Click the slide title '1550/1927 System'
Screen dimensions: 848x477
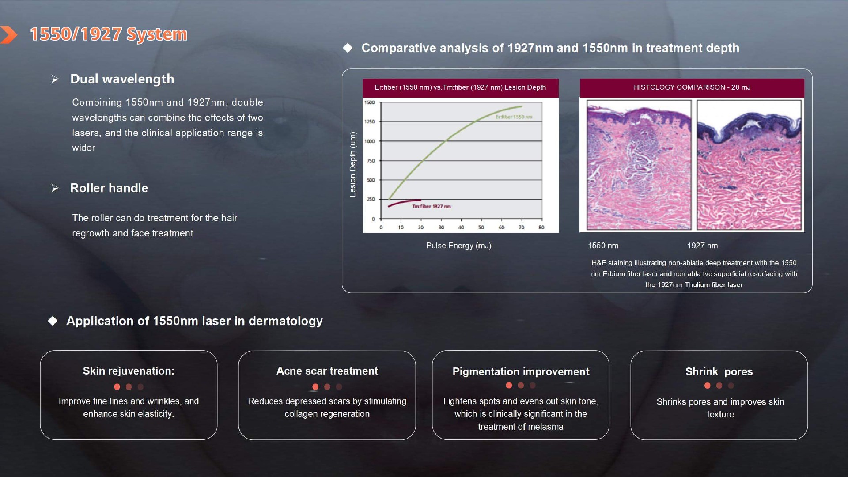click(x=109, y=34)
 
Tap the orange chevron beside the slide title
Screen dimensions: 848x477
click(x=9, y=35)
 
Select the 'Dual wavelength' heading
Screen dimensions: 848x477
click(x=122, y=79)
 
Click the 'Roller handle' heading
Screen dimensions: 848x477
click(x=109, y=188)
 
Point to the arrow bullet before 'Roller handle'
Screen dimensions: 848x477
click(x=55, y=188)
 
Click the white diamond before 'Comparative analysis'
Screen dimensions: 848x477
click(x=348, y=48)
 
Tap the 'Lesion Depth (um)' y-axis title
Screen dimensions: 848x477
click(x=352, y=164)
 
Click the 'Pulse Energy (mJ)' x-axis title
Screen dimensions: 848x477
click(x=458, y=246)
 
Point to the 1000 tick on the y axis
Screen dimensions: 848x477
click(x=369, y=141)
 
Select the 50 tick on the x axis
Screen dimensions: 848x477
click(x=481, y=227)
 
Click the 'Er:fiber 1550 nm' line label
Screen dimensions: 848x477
click(x=514, y=117)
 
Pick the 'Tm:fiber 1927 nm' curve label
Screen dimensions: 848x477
click(x=432, y=206)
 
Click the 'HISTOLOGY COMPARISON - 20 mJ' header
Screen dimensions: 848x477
click(x=692, y=87)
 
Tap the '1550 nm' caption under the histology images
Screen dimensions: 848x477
click(x=603, y=246)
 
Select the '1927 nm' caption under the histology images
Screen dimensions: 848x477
click(x=702, y=246)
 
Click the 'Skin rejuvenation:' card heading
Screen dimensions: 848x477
click(x=129, y=371)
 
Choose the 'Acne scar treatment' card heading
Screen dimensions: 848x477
click(x=327, y=371)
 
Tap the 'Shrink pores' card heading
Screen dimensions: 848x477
click(x=719, y=372)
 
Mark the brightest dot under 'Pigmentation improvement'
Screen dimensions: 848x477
click(x=509, y=386)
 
